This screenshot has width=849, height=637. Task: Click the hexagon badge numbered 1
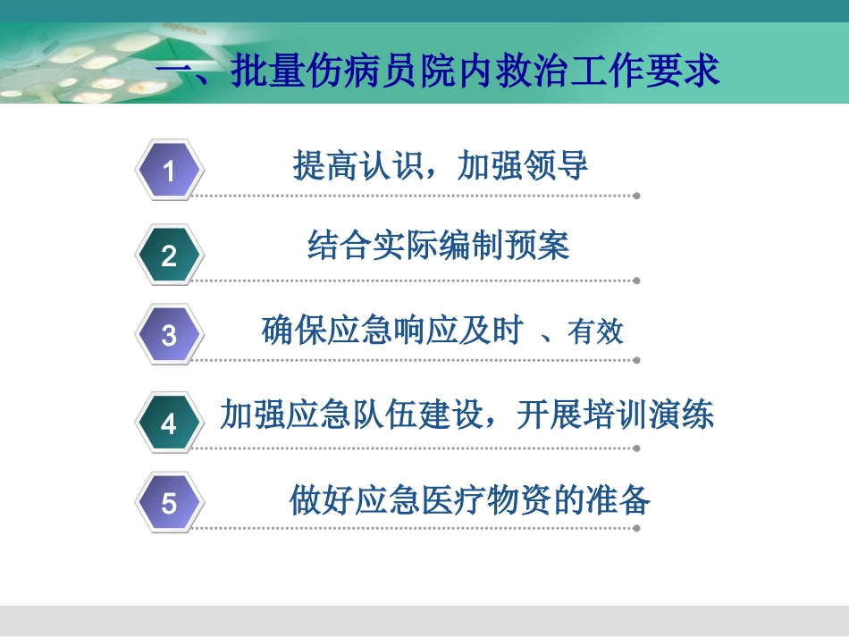point(170,170)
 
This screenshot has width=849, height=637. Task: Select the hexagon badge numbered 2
point(170,256)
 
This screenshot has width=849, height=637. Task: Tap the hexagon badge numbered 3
point(170,336)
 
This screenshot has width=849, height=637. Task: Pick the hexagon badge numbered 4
point(170,424)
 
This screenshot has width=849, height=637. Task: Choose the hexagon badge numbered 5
point(170,503)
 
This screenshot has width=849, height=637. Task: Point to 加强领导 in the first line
point(523,166)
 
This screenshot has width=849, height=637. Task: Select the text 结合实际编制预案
point(439,246)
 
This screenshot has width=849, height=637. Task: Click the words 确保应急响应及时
point(392,331)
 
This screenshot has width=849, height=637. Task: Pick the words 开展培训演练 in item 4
point(616,415)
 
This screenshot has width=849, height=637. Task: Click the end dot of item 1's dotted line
point(636,196)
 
